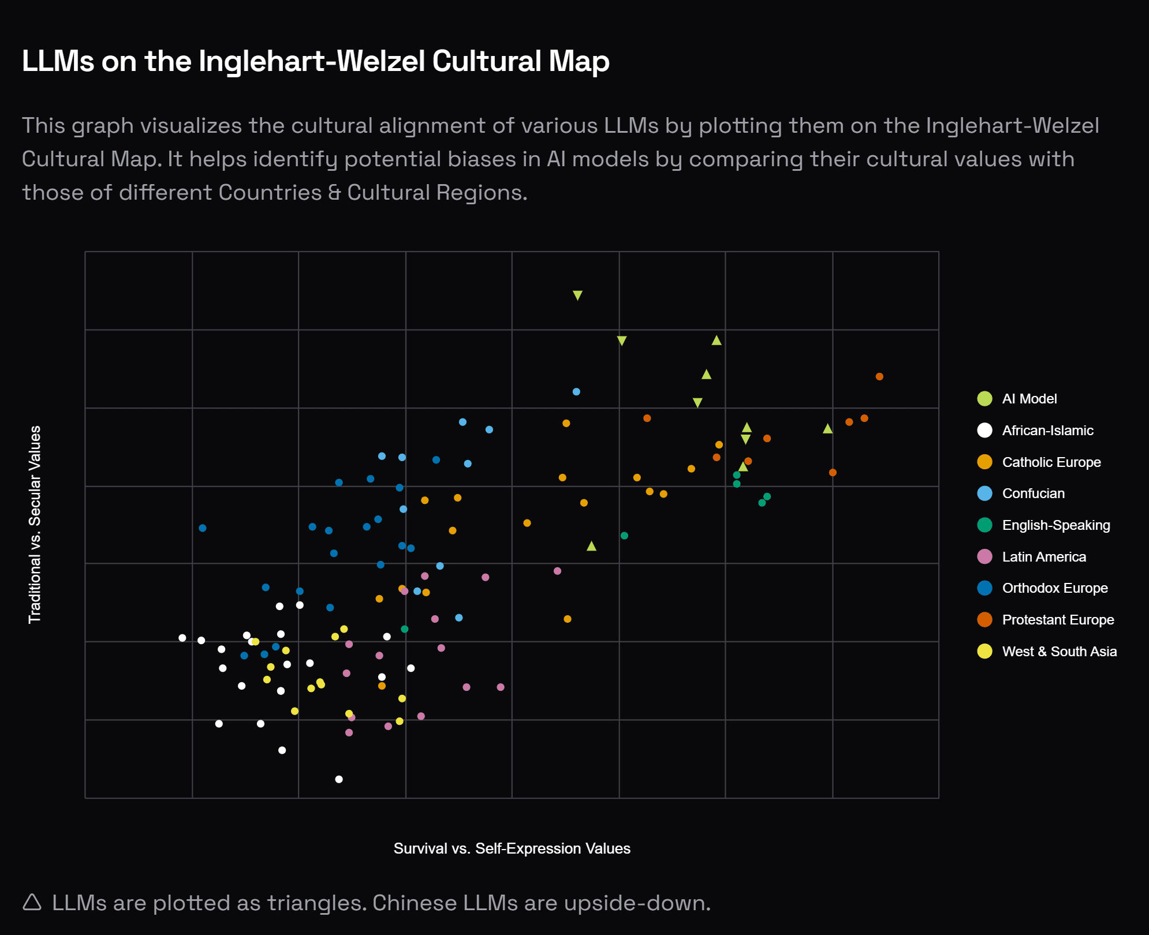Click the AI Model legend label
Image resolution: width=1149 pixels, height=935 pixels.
point(1029,399)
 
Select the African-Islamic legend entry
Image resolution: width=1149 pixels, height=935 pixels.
point(1047,431)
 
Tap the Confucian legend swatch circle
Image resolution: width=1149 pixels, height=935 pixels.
point(984,493)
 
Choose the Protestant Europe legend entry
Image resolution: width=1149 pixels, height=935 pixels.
point(1057,620)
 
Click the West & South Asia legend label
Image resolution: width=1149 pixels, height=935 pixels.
point(1059,652)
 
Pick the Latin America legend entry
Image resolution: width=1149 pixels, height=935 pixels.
point(1043,557)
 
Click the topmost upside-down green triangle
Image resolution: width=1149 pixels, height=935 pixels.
point(577,295)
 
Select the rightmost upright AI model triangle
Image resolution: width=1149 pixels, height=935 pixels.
point(827,429)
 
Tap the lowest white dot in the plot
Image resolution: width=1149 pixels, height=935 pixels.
point(339,779)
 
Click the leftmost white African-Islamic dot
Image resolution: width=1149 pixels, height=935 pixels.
point(182,638)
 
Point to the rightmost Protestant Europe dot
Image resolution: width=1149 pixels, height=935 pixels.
point(879,376)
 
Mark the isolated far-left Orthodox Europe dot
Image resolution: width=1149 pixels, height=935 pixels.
point(203,528)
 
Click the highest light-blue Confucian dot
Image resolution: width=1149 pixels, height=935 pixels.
point(576,392)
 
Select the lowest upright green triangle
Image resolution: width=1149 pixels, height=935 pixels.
point(591,546)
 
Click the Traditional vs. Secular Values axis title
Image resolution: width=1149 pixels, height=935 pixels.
point(35,525)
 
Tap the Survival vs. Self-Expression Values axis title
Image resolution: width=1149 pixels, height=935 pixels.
point(512,848)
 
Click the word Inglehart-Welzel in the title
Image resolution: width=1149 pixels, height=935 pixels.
point(312,61)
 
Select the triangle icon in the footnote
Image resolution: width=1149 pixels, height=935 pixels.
point(32,902)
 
